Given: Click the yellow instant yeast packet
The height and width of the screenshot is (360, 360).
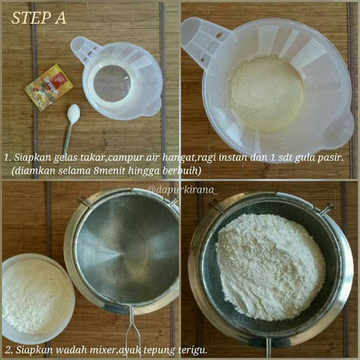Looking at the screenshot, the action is click(x=49, y=87).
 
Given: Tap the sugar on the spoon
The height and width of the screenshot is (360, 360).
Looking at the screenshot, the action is click(x=74, y=112).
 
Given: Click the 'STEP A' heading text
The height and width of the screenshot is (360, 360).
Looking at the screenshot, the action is click(x=39, y=18).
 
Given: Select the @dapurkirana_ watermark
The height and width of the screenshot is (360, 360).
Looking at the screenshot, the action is click(x=183, y=190).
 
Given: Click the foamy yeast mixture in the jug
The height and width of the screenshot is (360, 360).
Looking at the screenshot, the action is click(x=268, y=94).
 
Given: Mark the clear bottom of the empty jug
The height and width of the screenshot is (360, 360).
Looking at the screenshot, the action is click(x=112, y=84).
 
